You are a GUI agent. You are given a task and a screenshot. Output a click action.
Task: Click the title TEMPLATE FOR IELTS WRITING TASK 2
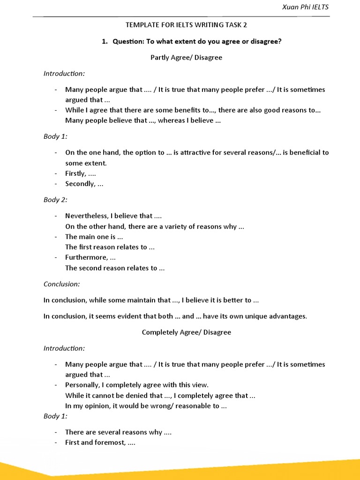click(x=187, y=26)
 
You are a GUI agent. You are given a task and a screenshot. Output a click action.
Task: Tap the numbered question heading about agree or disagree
click(x=191, y=41)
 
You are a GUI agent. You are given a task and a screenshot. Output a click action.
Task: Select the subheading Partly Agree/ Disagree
click(x=186, y=58)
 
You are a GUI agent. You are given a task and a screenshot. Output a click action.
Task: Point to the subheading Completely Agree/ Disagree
click(x=186, y=332)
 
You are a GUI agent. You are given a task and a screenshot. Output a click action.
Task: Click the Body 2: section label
click(x=55, y=200)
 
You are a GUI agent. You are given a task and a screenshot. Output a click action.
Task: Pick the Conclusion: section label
click(x=61, y=284)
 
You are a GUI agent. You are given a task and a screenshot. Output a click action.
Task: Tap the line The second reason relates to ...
click(x=115, y=268)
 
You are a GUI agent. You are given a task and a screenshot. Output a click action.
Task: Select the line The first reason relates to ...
click(x=110, y=247)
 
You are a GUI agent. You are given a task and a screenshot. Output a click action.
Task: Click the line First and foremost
click(x=100, y=442)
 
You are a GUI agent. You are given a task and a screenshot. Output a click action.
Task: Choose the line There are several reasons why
click(x=118, y=432)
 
